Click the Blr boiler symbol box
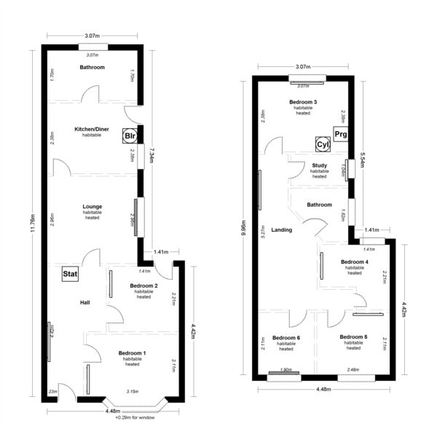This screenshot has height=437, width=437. pyautogui.click(x=130, y=136)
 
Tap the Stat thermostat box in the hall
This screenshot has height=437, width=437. pyautogui.click(x=70, y=274)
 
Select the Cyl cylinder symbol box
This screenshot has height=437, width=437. pyautogui.click(x=323, y=145)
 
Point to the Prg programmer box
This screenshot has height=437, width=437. pyautogui.click(x=342, y=134)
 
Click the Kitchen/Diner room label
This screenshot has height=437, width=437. pyautogui.click(x=92, y=129)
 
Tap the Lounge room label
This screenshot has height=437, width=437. pyautogui.click(x=92, y=207)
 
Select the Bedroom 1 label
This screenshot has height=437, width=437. pyautogui.click(x=132, y=353)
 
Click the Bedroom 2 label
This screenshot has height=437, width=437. pyautogui.click(x=143, y=286)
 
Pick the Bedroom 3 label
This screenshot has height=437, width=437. pyautogui.click(x=302, y=102)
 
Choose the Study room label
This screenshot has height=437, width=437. pyautogui.click(x=319, y=165)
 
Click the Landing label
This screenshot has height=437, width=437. pyautogui.click(x=281, y=229)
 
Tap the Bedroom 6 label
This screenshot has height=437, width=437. pyautogui.click(x=286, y=338)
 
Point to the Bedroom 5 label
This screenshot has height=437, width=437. pyautogui.click(x=354, y=337)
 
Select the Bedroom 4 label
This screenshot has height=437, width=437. pyautogui.click(x=354, y=261)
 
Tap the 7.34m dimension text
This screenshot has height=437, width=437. pyautogui.click(x=151, y=157)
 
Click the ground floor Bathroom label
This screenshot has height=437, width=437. pyautogui.click(x=92, y=68)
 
